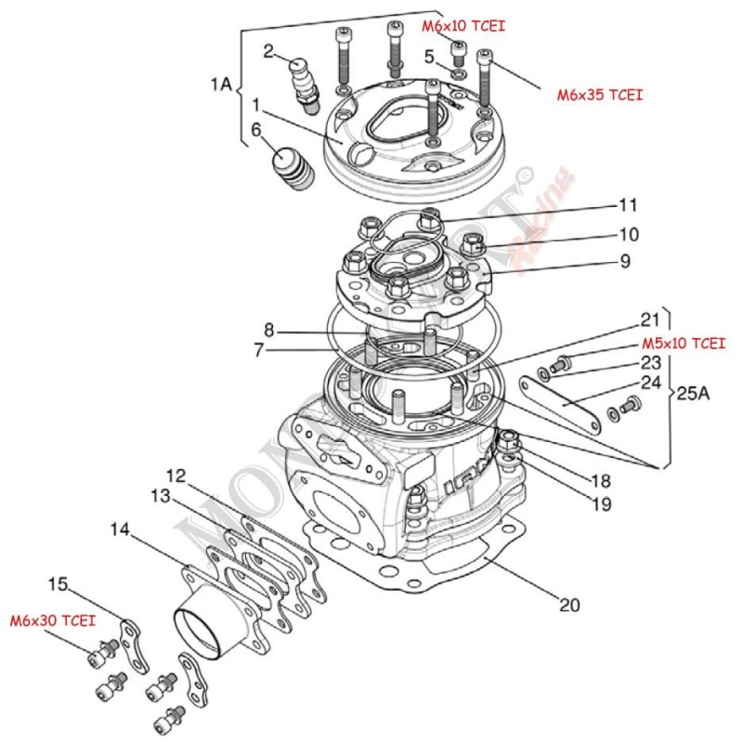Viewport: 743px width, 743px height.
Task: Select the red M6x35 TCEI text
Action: [600, 95]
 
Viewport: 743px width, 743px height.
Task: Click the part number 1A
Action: [220, 85]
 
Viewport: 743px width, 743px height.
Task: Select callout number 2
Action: [267, 51]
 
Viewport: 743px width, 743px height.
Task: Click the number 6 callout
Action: [255, 131]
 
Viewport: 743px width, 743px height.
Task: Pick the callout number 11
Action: [628, 204]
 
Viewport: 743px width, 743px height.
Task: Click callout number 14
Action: [118, 529]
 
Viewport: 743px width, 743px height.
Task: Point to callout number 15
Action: [58, 584]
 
